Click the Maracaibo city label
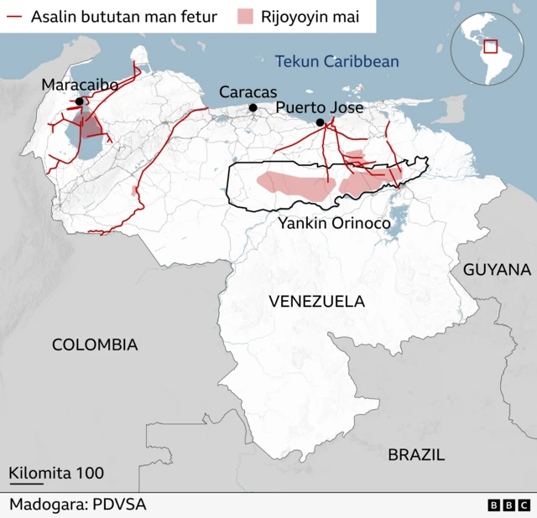[x=80, y=85]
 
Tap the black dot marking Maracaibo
[x=80, y=101]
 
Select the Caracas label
[x=248, y=91]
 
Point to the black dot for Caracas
[x=253, y=107]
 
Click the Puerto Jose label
[x=320, y=107]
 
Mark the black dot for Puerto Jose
[x=320, y=123]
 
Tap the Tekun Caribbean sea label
[x=336, y=61]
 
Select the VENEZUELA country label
[x=317, y=301]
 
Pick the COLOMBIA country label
[x=95, y=344]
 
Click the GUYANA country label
[x=498, y=270]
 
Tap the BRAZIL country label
[x=416, y=455]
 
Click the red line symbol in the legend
[x=14, y=17]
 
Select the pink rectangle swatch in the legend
[x=245, y=17]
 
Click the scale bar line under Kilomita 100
[x=26, y=484]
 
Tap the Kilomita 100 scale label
[x=57, y=473]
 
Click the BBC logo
[x=508, y=505]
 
